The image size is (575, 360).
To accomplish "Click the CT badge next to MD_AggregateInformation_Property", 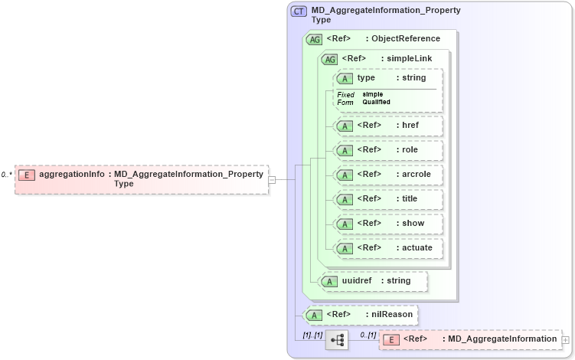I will (x=299, y=11).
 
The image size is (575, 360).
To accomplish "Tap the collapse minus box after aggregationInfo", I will (x=271, y=179).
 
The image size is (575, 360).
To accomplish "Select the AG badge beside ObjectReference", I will (x=314, y=39).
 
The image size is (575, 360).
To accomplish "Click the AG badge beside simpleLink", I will (x=329, y=59).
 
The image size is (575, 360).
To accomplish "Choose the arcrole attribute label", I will (x=413, y=174).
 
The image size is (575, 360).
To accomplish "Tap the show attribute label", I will (x=409, y=223).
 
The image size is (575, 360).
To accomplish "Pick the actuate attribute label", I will (x=414, y=247).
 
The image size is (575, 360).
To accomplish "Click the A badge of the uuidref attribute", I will (x=329, y=281).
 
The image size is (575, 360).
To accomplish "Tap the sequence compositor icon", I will (x=336, y=339).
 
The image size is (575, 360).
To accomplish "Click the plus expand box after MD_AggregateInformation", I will (x=565, y=339).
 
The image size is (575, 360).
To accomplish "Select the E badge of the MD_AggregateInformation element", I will (x=391, y=339).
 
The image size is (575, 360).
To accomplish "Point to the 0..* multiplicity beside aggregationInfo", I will (x=6, y=175).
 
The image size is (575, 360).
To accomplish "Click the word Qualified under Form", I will (x=376, y=102).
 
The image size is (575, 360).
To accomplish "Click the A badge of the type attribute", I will (x=345, y=79).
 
